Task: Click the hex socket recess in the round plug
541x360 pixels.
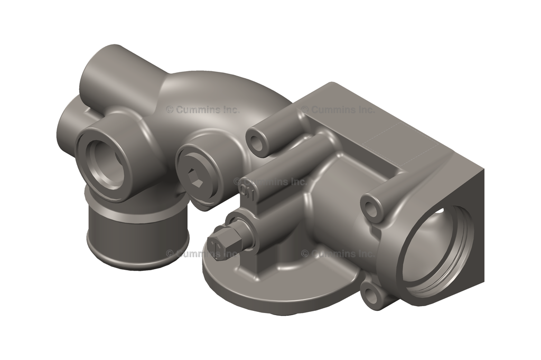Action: [196, 181]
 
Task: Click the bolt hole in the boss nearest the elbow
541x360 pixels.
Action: [258, 142]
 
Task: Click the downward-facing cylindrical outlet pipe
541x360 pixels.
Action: [136, 238]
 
